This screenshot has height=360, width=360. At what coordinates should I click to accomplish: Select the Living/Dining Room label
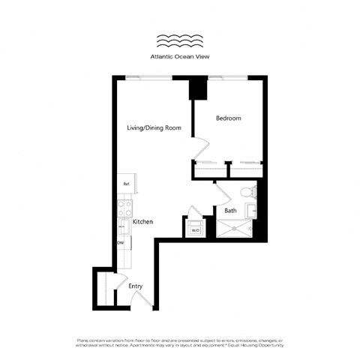[x=154, y=128]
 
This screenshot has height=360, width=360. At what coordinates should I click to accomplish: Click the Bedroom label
[x=228, y=118]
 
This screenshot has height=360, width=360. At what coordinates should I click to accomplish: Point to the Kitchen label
[x=143, y=222]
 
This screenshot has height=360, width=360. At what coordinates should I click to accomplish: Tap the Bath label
[x=231, y=211]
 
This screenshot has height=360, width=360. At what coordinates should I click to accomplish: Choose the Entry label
[x=135, y=286]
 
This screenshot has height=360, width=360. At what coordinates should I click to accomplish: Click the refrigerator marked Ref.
[x=125, y=184]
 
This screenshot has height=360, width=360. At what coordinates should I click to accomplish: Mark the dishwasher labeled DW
[x=121, y=243]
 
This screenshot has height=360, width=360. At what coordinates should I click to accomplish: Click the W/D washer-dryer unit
[x=195, y=227]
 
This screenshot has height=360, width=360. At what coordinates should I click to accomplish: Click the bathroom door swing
[x=222, y=196]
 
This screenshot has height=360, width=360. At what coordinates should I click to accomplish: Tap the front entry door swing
[x=144, y=301]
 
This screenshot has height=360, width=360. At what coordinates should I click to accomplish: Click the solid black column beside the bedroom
[x=199, y=89]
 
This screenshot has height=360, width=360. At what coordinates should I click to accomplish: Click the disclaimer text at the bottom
[x=180, y=343]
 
